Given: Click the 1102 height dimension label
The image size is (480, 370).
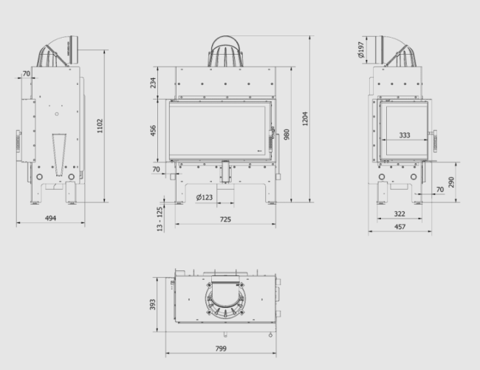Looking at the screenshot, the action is [100, 126].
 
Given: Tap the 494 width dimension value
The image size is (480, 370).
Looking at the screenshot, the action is [50, 218].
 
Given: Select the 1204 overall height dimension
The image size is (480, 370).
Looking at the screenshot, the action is [305, 119].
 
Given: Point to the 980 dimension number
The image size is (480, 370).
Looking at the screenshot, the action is [287, 134].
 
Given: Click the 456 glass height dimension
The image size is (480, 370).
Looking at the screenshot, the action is [153, 131].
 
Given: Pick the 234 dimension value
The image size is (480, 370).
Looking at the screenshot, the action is [153, 83].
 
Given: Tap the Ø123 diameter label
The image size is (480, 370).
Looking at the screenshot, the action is [204, 197].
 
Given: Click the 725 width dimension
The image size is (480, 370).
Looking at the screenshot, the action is [225, 219].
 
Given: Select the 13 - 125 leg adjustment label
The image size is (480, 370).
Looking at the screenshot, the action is [160, 219].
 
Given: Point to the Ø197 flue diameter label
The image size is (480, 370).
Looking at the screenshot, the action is [361, 50].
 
